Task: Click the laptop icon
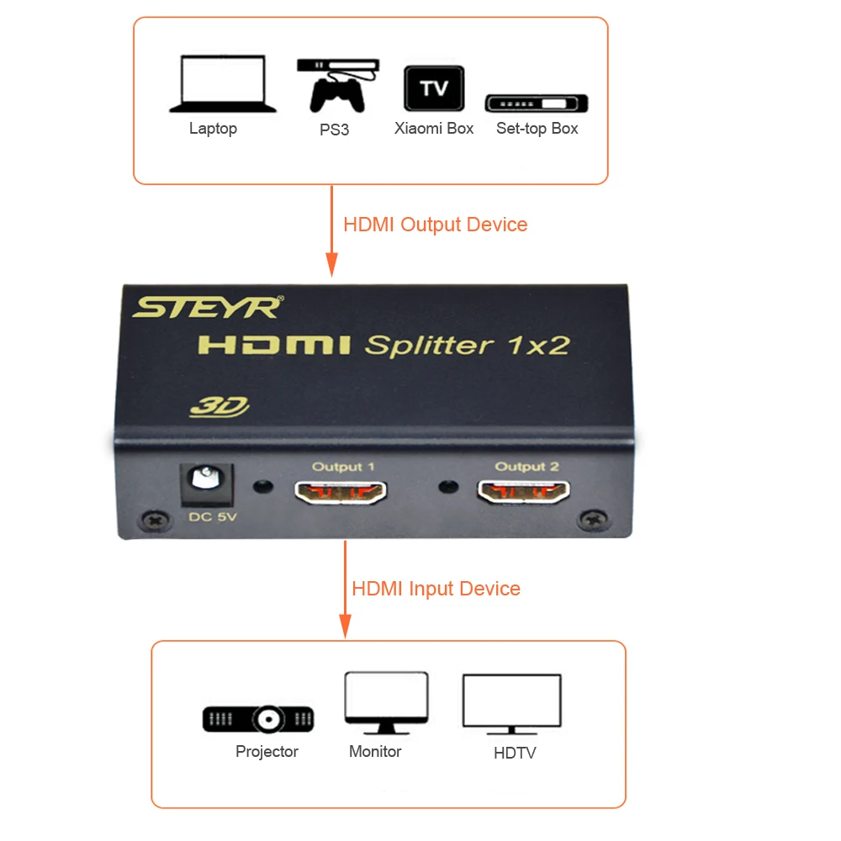pos(223,83)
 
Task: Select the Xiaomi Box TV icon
pos(434,88)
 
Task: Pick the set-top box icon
pos(537,103)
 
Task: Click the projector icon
pos(258,719)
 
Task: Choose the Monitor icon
pos(386,702)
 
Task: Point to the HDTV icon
pos(511,704)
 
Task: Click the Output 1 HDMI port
pos(341,492)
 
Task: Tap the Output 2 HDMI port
pos(523,491)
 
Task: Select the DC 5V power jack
pos(207,484)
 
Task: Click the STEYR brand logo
pos(208,307)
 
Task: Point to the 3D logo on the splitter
pos(220,406)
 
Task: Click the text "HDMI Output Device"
pos(435,225)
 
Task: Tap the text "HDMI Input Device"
pos(436,589)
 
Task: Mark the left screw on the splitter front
pos(156,520)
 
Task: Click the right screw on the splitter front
pos(595,519)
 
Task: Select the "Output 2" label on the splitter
pos(526,467)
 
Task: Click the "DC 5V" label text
pos(213,517)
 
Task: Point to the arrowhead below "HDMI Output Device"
pos(332,264)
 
